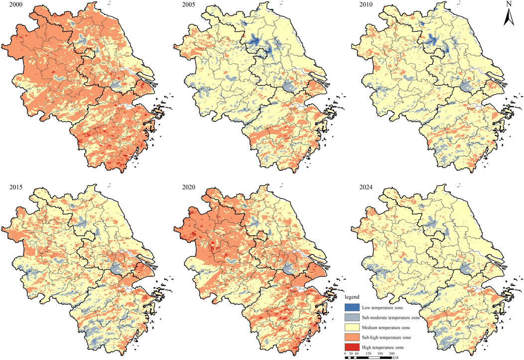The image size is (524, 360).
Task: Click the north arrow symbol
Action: pos(509,17)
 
